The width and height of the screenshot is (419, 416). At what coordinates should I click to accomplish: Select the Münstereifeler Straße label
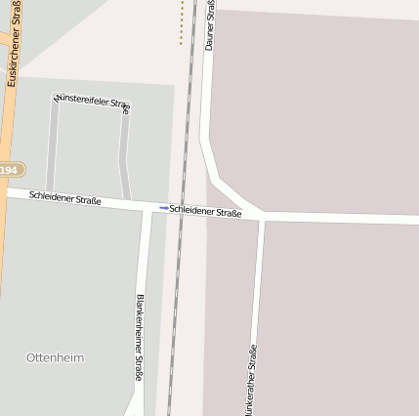[x=93, y=101]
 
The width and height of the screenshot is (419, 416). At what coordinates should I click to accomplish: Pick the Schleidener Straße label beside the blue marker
[x=205, y=211]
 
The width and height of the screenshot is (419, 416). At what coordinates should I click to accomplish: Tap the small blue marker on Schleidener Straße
[x=163, y=208]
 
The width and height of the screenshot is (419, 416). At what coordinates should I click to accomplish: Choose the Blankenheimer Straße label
[x=140, y=337]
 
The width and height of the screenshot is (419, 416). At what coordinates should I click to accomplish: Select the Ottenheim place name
[x=55, y=357]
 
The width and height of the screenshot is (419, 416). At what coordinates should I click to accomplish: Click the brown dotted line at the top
[x=182, y=21]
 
